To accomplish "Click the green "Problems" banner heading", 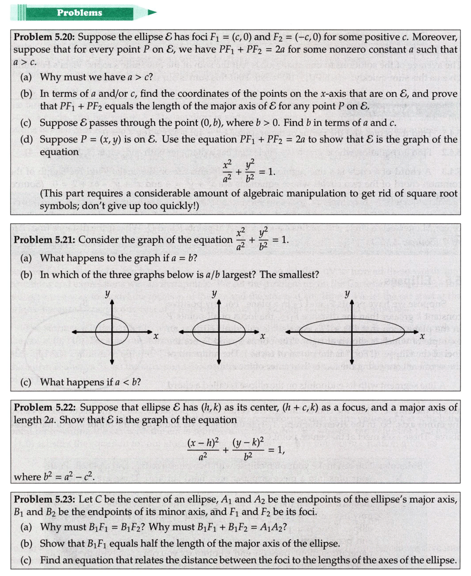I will pyautogui.click(x=79, y=13).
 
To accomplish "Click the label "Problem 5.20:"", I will pyautogui.click(x=44, y=37).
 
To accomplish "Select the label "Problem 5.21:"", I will pyautogui.click(x=45, y=240).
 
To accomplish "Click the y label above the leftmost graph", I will pyautogui.click(x=107, y=294).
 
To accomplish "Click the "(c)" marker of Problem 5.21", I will pyautogui.click(x=27, y=382).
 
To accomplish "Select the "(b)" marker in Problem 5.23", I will pyautogui.click(x=27, y=544).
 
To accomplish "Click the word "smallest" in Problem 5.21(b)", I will pyautogui.click(x=299, y=274).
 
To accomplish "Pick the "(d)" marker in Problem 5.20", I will pyautogui.click(x=27, y=139).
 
